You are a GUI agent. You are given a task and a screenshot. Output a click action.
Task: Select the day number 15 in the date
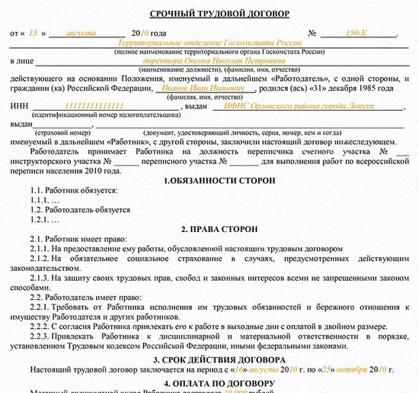(x=34, y=35)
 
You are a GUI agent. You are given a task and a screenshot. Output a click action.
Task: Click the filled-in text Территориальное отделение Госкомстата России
(x=209, y=43)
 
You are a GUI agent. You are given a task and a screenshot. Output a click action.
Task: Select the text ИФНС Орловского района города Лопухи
(x=284, y=107)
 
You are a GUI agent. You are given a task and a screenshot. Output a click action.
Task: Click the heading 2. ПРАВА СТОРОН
(x=209, y=229)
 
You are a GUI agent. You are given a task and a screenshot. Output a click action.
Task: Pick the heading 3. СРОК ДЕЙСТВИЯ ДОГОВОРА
(x=209, y=359)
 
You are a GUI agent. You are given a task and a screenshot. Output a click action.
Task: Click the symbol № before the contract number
(x=312, y=35)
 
